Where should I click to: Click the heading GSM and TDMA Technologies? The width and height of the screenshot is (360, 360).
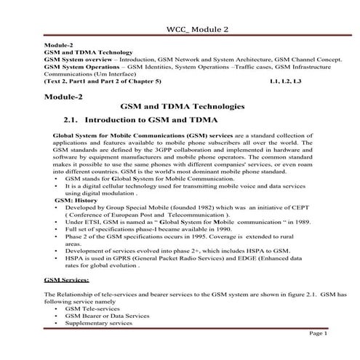pyautogui.click(x=179, y=106)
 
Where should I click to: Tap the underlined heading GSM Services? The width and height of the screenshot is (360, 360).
pyautogui.click(x=67, y=279)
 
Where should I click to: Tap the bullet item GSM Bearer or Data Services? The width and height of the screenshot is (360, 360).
pyautogui.click(x=103, y=316)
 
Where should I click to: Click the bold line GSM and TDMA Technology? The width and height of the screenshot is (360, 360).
pyautogui.click(x=88, y=53)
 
